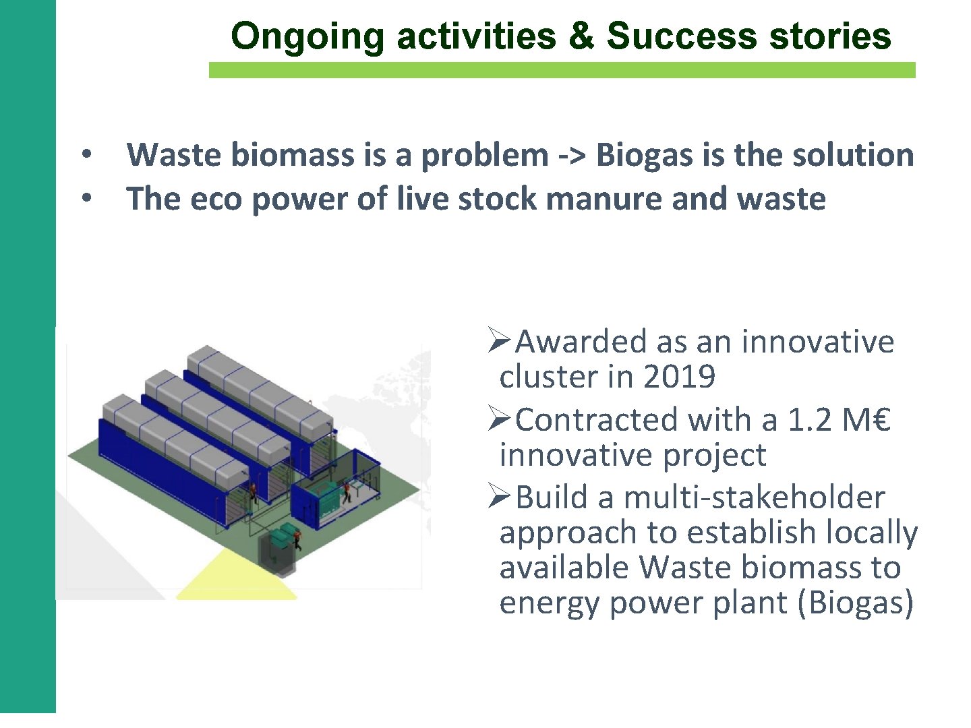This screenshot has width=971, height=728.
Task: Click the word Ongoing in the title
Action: (307, 36)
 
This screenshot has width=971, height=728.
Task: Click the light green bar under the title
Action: (562, 70)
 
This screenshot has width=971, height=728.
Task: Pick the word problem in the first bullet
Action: (484, 156)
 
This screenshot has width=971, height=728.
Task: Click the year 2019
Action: (679, 377)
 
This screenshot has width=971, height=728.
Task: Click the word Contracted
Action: (597, 420)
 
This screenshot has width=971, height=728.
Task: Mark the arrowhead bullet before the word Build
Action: (500, 497)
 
